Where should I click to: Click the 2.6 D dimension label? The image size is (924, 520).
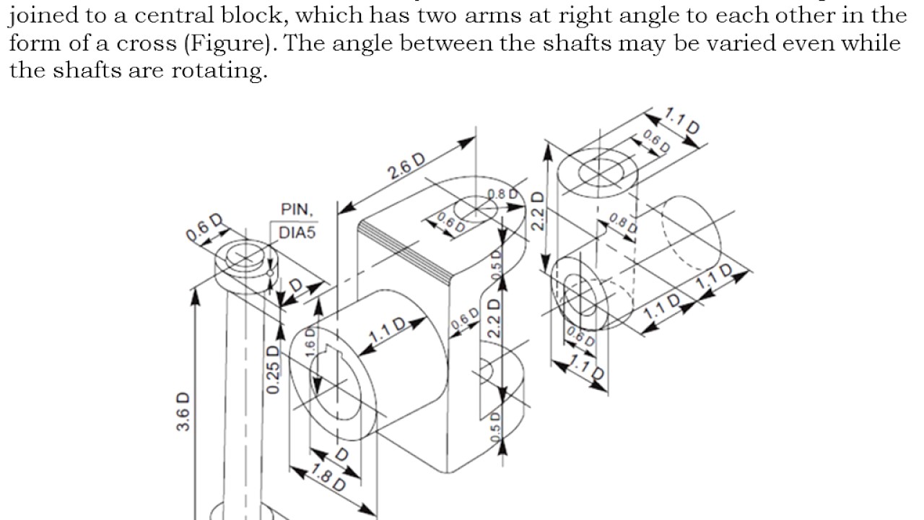[x=406, y=168]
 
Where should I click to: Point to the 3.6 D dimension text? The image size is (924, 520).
[x=183, y=411]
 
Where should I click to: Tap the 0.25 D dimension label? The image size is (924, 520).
[x=273, y=370]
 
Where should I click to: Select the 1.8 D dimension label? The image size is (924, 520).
[x=328, y=477]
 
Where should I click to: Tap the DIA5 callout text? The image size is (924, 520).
[x=299, y=233]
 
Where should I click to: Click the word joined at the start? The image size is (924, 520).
[x=44, y=15]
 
